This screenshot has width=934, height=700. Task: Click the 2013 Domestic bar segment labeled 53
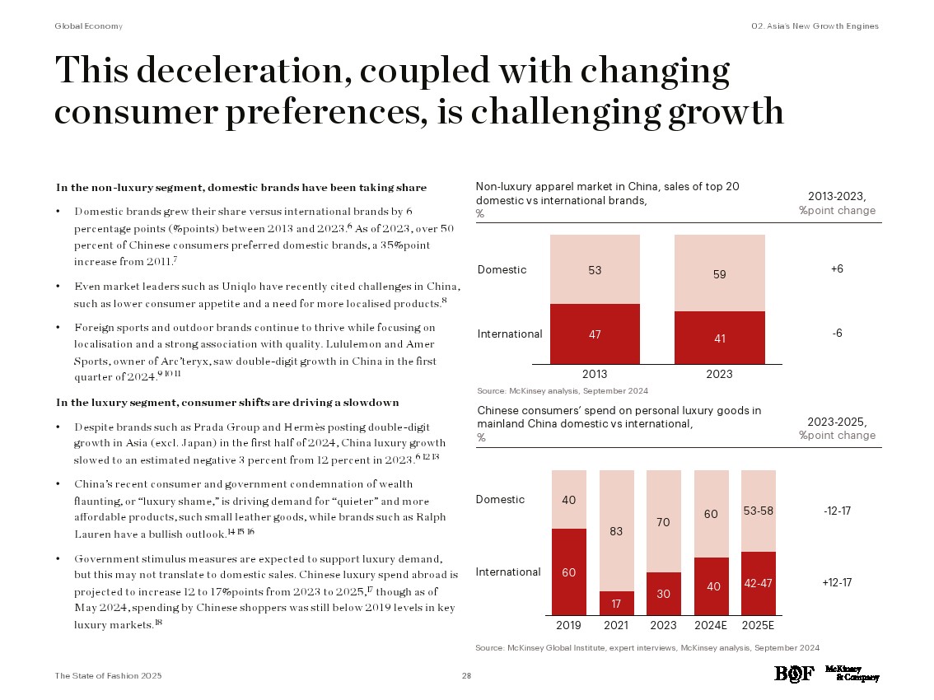click(595, 269)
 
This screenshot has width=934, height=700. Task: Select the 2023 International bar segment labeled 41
click(719, 337)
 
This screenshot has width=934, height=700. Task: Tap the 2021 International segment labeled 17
click(616, 603)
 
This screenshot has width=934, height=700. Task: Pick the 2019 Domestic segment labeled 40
click(568, 499)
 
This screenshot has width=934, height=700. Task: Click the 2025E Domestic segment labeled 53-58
click(758, 511)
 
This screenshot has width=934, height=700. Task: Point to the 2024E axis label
click(711, 625)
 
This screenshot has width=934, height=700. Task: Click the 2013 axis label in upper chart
click(595, 374)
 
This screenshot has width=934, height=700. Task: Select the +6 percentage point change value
click(837, 269)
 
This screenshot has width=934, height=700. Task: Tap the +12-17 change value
click(837, 582)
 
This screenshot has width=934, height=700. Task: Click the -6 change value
click(837, 333)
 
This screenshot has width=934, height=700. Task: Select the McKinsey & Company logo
click(857, 674)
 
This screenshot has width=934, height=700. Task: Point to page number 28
click(466, 676)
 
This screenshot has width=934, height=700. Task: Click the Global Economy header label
click(88, 26)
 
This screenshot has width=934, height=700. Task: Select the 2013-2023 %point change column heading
click(837, 203)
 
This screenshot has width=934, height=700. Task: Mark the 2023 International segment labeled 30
click(663, 594)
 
